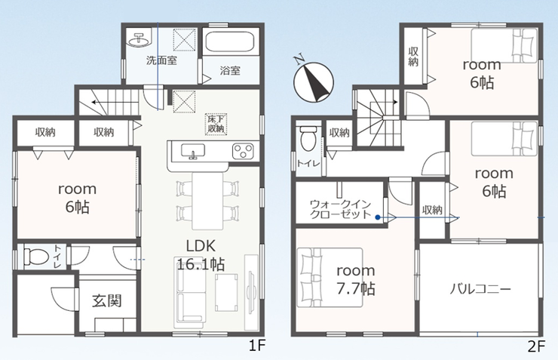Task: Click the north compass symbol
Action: [313, 81]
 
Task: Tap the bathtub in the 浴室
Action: [230, 42]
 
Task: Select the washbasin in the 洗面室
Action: [139, 39]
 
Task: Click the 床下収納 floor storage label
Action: [216, 124]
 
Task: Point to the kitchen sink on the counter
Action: [192, 151]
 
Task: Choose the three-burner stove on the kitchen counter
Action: [243, 151]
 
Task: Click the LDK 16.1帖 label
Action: [201, 255]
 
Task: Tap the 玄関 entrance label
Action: [107, 301]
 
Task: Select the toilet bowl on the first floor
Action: [35, 257]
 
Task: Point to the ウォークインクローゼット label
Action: [341, 209]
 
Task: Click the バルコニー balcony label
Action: [480, 289]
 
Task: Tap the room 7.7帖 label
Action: [356, 280]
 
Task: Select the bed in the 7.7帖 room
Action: [330, 278]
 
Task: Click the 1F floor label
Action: [257, 346]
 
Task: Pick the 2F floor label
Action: [536, 346]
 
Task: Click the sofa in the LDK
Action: [190, 292]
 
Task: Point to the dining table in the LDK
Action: [208, 202]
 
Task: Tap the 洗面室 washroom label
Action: [161, 60]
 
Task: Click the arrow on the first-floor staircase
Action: [115, 103]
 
